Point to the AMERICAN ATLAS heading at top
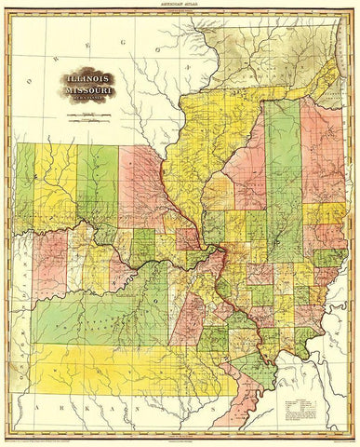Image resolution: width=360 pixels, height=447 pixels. click(180, 7)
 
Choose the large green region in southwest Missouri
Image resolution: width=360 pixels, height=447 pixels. click(93, 317)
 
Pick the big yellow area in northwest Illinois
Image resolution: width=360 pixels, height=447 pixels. click(200, 140)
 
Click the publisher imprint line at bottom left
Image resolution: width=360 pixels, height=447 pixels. click(65, 437)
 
